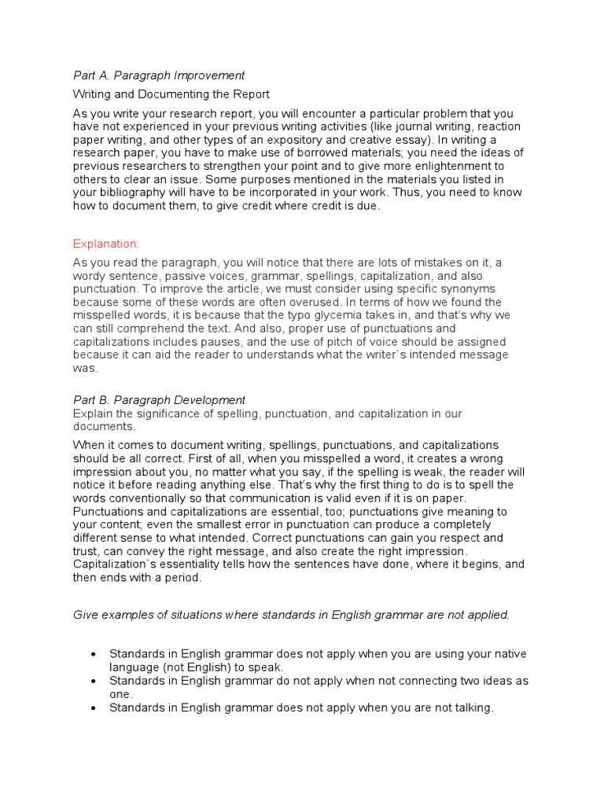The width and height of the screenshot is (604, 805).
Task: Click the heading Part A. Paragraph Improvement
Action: tap(158, 75)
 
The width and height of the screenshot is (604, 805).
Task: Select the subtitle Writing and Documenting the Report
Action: tap(171, 94)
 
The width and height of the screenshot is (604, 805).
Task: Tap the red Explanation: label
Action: tap(105, 244)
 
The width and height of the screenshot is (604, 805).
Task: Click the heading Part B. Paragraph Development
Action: tap(159, 399)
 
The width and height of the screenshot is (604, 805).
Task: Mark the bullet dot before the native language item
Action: tap(94, 654)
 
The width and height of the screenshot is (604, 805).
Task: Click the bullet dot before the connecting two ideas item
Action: tap(94, 681)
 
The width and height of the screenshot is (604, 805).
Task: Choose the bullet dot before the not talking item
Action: tap(94, 708)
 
